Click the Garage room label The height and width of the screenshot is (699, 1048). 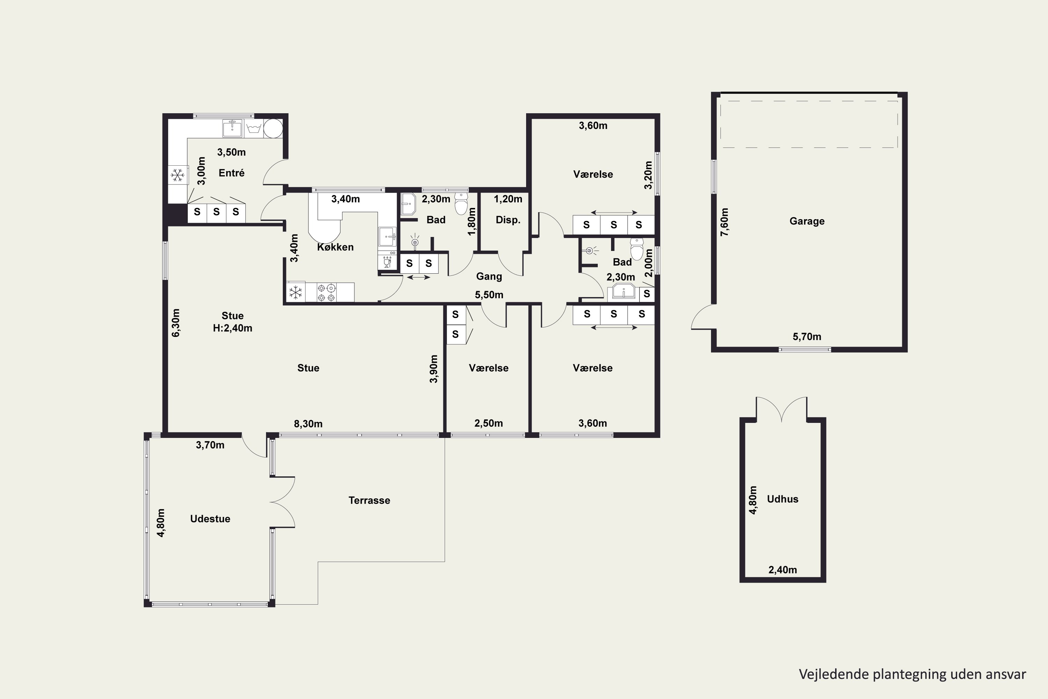tap(807, 221)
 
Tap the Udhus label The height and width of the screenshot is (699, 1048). tap(783, 499)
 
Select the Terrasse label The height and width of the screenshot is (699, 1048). tap(369, 500)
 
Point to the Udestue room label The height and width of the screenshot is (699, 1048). tap(210, 518)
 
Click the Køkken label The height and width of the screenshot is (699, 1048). tap(335, 247)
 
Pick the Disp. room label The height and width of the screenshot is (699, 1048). tap(508, 220)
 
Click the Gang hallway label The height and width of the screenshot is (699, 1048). tap(489, 276)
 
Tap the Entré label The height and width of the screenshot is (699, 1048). tap(231, 173)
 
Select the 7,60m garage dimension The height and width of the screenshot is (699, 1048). tap(725, 222)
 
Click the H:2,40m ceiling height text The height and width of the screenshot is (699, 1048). tap(232, 328)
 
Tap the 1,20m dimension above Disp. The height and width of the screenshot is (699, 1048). tap(508, 199)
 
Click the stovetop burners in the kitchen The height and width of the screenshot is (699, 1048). tap(327, 293)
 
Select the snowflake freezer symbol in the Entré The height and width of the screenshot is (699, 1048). tap(177, 175)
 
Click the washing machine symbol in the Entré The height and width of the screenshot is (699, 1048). tap(254, 128)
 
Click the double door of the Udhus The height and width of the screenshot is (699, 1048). tap(781, 409)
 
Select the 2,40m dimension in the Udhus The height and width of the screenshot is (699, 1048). tap(783, 569)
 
